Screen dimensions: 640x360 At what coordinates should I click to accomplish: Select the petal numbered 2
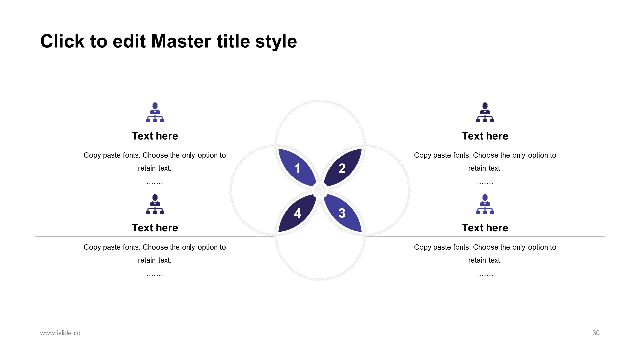343,168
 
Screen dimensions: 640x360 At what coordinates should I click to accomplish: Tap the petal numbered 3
343,213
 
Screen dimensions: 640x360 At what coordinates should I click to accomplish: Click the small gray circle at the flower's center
320,190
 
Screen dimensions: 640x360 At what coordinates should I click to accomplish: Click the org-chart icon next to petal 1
155,112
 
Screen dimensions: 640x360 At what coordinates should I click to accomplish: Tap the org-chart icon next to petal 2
485,112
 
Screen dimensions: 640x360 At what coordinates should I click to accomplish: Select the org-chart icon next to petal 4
155,204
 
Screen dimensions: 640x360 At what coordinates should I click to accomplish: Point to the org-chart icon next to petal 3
485,204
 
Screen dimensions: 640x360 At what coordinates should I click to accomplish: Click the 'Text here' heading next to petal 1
155,136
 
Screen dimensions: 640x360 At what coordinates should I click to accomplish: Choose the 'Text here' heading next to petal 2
485,136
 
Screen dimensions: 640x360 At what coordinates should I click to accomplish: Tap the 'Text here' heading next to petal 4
155,228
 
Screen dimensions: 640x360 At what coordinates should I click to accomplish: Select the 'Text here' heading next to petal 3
485,228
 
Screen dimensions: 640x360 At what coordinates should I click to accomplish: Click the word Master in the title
181,41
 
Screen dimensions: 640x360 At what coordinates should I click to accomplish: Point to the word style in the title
276,42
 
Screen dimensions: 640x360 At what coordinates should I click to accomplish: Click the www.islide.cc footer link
60,333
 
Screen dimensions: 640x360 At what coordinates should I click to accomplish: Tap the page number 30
596,333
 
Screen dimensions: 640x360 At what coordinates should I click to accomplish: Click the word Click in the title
62,41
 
